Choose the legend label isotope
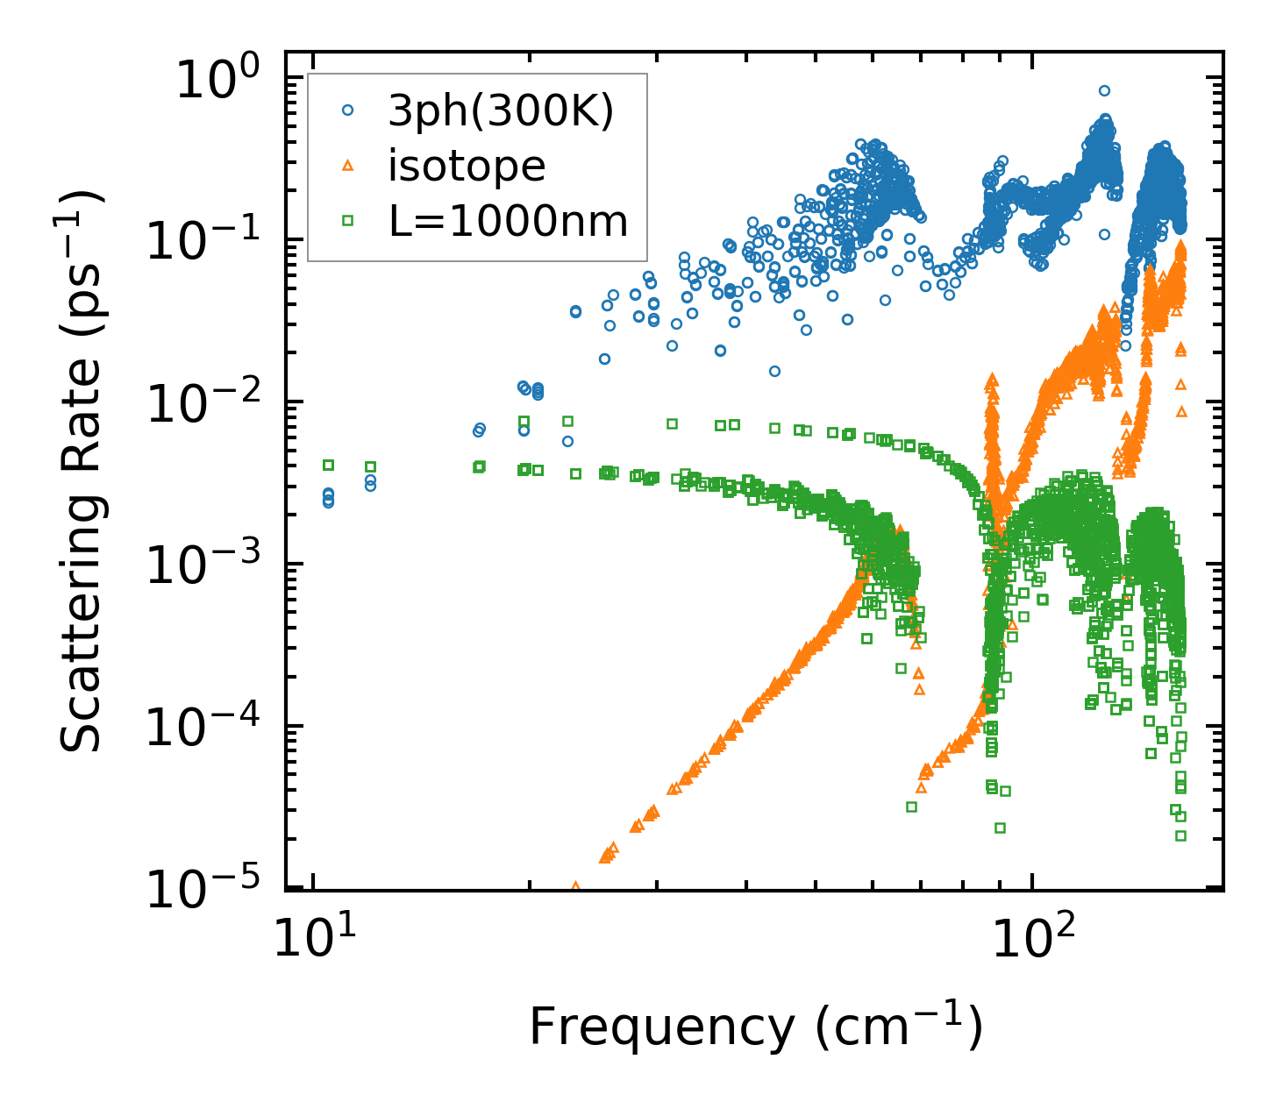(467, 166)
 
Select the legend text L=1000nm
(508, 221)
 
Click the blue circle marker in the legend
(348, 110)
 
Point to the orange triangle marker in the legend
(348, 165)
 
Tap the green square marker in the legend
(348, 220)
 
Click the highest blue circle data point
(1104, 90)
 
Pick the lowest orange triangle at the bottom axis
(575, 886)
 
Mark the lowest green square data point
(1180, 835)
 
